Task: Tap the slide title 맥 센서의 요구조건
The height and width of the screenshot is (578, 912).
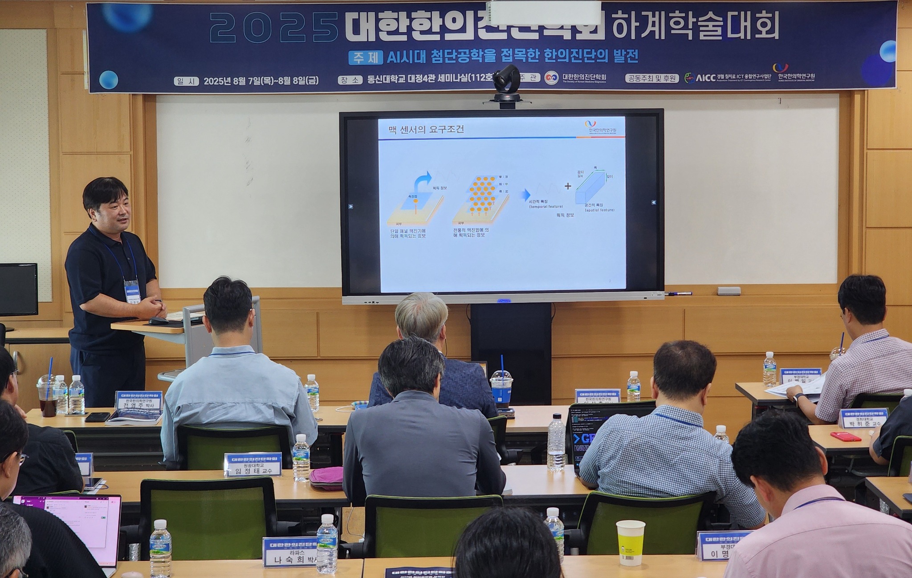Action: (426, 130)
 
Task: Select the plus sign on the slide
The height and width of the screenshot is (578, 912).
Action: (568, 186)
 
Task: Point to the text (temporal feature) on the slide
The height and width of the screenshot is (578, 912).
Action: (546, 207)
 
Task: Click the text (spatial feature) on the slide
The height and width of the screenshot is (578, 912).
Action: (599, 210)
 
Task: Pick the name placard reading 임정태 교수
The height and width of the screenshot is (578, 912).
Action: (253, 465)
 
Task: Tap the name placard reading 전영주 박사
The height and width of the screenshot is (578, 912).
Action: (139, 401)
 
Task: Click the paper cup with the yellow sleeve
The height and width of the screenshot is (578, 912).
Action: (630, 542)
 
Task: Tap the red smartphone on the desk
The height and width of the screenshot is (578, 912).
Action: (846, 436)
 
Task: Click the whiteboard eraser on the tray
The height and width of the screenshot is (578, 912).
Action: (729, 291)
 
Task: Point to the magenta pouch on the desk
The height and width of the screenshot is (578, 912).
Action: (326, 479)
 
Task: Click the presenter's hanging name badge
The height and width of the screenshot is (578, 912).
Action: (132, 291)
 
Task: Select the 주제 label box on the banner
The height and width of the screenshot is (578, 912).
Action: (365, 57)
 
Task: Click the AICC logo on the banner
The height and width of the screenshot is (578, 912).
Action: (701, 78)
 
